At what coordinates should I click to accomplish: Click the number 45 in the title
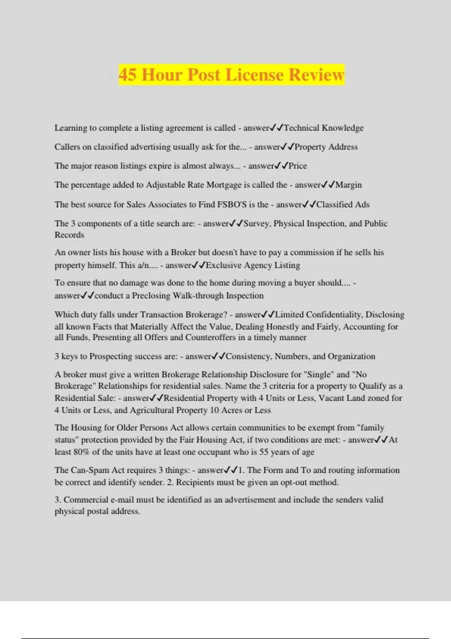[x=127, y=74]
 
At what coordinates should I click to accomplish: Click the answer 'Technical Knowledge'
[x=324, y=128]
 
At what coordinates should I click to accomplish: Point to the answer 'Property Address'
[x=326, y=147]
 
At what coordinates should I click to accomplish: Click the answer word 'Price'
[x=298, y=166]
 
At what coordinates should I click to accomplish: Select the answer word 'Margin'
[x=348, y=185]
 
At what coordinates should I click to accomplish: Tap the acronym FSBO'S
[x=232, y=204]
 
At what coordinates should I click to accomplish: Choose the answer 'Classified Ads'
[x=343, y=204]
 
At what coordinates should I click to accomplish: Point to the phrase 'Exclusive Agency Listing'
[x=253, y=265]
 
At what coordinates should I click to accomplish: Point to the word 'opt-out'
[x=294, y=482]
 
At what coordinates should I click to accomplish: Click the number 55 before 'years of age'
[x=264, y=452]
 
